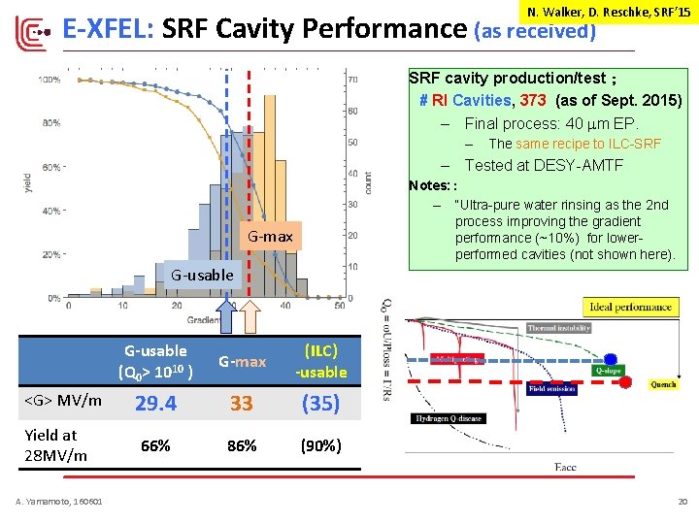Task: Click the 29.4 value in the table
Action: point(155,403)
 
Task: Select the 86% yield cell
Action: point(242,445)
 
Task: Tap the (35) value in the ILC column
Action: point(320,403)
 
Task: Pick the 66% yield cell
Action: point(155,445)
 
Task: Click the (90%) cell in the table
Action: point(320,445)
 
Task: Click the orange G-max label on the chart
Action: point(270,237)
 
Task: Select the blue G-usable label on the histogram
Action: point(202,275)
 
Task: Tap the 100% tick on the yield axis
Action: point(50,79)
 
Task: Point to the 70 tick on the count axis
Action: point(352,79)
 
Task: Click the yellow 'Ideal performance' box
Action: point(630,308)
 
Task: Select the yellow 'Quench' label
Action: point(662,384)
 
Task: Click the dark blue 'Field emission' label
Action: point(552,388)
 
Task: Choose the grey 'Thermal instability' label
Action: point(559,328)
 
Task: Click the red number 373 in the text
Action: point(533,100)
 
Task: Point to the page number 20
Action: point(682,501)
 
